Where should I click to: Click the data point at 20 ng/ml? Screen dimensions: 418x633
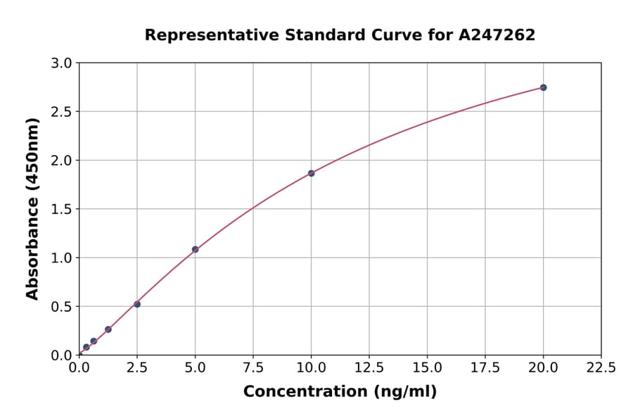(x=543, y=87)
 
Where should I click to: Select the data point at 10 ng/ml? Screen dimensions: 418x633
(x=311, y=173)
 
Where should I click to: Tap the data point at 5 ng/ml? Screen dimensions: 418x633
(x=196, y=249)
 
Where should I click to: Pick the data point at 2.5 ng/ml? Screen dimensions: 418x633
(x=137, y=304)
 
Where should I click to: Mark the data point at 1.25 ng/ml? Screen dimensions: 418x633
(x=108, y=329)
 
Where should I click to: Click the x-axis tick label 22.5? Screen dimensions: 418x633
(x=601, y=368)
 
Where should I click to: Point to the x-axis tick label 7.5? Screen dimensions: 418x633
(x=253, y=368)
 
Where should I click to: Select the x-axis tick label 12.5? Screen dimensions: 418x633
(x=369, y=368)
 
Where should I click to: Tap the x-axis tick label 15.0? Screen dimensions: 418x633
(x=427, y=368)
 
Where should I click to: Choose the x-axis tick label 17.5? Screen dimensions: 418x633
(x=485, y=368)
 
